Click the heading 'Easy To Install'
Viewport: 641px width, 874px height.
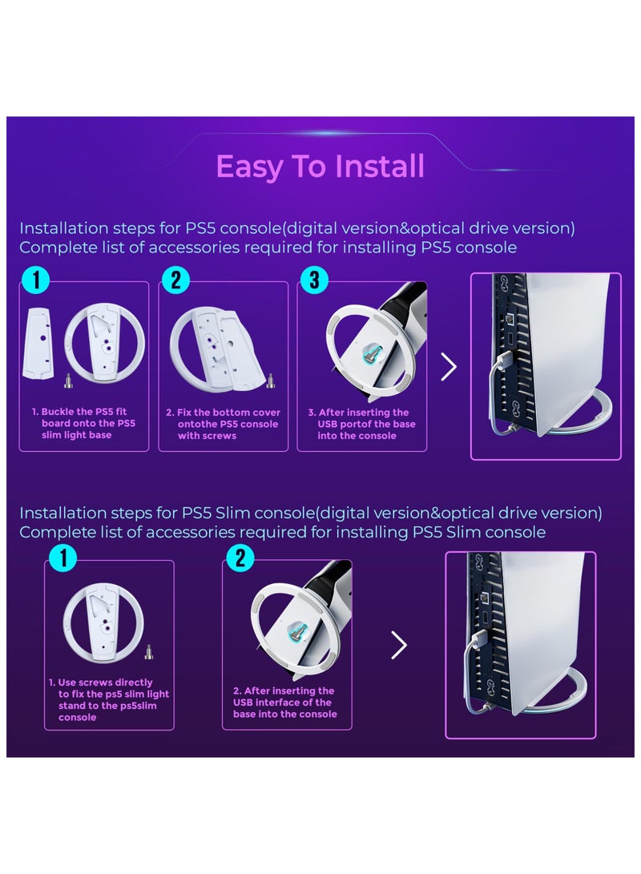pos(320,166)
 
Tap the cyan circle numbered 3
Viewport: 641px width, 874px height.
pos(314,280)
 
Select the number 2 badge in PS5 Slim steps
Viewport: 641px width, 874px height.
pos(240,558)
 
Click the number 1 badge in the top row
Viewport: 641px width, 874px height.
pos(36,280)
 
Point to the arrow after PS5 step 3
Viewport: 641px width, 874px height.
pos(449,366)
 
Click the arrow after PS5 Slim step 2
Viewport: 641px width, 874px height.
pos(399,645)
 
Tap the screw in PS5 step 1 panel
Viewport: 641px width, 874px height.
pos(69,381)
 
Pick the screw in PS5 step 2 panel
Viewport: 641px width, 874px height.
pos(271,381)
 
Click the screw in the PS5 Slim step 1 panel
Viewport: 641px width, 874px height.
pos(149,652)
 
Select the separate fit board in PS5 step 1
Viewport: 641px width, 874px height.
pos(38,343)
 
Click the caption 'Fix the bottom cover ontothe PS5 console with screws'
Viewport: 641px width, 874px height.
pos(223,424)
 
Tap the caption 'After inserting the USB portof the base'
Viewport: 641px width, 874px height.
pos(361,418)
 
